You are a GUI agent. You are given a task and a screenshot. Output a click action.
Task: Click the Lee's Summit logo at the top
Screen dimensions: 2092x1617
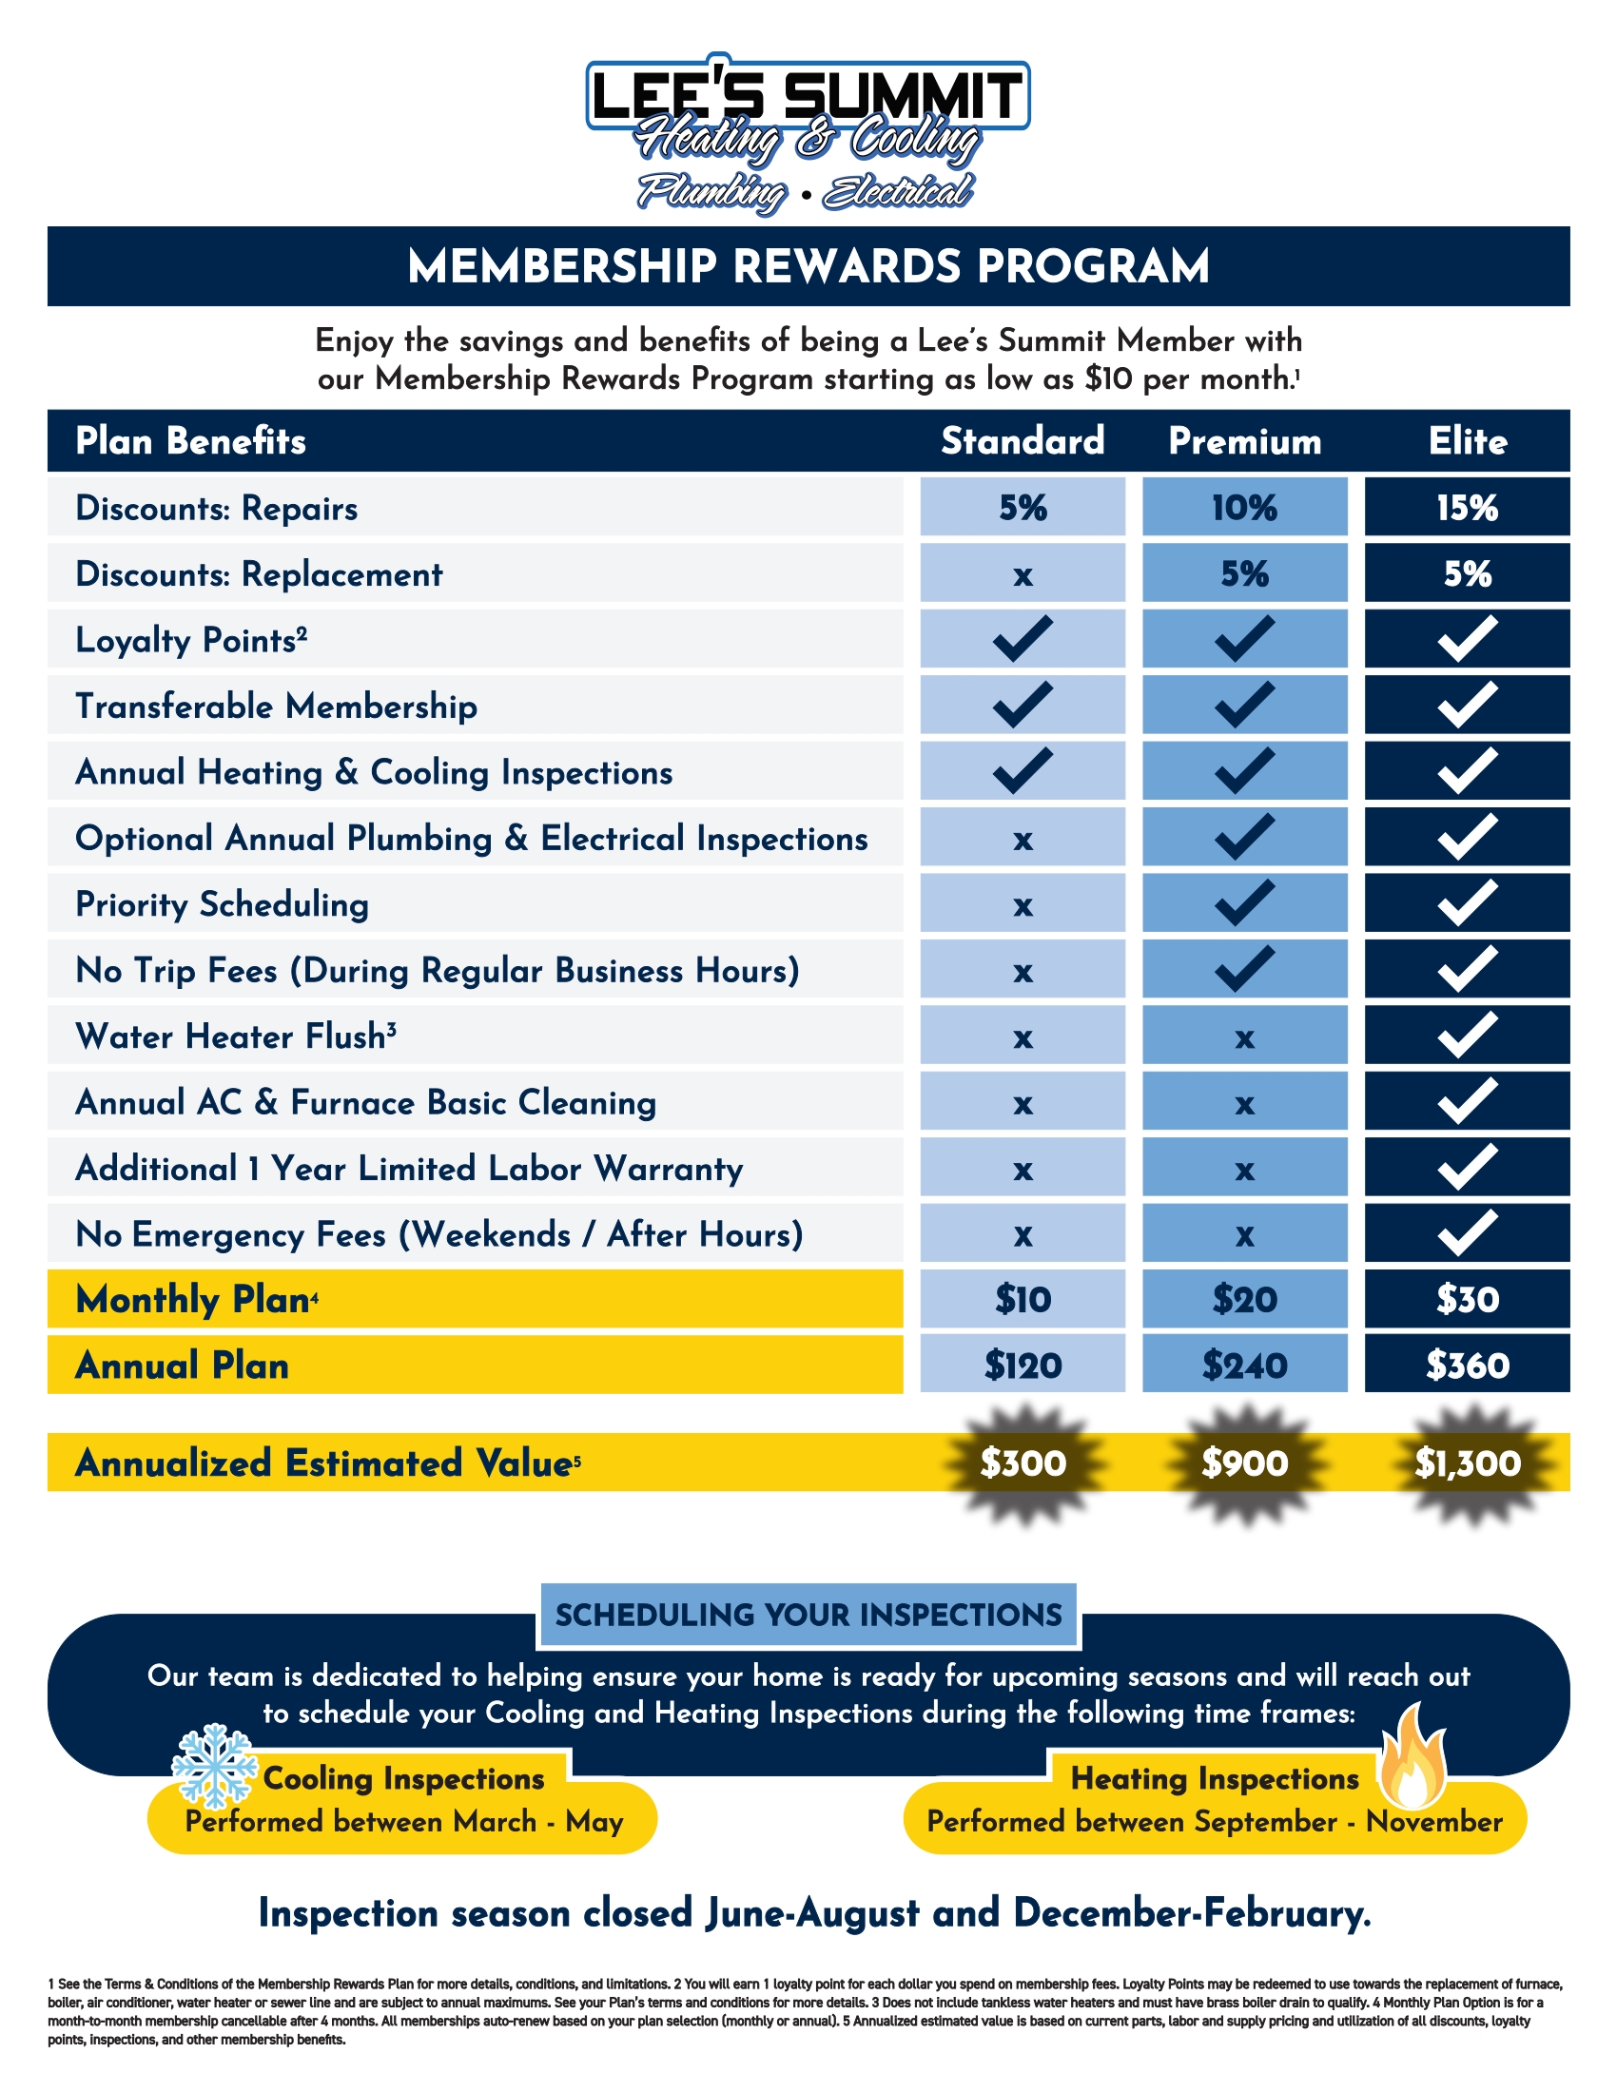pos(808,132)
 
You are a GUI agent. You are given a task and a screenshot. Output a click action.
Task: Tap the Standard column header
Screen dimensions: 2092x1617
pos(1023,440)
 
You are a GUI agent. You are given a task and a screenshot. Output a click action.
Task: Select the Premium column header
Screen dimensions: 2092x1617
pos(1244,440)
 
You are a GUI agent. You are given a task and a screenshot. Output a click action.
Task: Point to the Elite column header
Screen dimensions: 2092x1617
pos(1468,440)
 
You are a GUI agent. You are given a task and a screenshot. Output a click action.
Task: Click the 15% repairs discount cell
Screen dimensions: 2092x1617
pos(1467,507)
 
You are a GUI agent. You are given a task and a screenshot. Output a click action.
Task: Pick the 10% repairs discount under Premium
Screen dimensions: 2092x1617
pos(1244,507)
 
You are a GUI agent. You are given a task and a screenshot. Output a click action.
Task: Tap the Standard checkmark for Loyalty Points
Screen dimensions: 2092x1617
pos(1023,639)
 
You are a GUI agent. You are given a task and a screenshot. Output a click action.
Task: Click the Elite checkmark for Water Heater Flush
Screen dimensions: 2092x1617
pos(1467,1035)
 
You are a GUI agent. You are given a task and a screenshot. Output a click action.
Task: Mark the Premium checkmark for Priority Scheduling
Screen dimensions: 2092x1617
pos(1244,902)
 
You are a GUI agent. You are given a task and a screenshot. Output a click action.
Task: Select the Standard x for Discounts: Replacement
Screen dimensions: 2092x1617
pos(1023,574)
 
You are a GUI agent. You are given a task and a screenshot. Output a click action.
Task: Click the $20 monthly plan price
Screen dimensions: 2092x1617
pos(1244,1299)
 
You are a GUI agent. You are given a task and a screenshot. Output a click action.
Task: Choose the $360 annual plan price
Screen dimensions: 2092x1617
pos(1467,1365)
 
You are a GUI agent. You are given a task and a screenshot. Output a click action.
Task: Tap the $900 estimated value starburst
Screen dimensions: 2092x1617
pos(1244,1462)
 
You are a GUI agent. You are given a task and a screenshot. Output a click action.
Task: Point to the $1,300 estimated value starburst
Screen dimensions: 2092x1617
pos(1467,1462)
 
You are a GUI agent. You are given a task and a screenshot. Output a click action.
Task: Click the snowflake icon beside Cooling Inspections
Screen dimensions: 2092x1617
pos(215,1766)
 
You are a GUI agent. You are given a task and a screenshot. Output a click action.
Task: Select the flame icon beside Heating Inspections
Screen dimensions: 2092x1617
pos(1412,1755)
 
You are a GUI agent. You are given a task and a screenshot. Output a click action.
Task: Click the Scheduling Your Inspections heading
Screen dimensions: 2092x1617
pos(808,1615)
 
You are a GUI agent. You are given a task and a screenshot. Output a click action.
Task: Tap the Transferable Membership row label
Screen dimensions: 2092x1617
pos(276,706)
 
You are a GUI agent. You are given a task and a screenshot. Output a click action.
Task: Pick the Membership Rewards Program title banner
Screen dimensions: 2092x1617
pos(808,266)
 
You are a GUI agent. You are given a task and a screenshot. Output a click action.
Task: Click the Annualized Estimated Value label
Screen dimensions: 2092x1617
pos(323,1462)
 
